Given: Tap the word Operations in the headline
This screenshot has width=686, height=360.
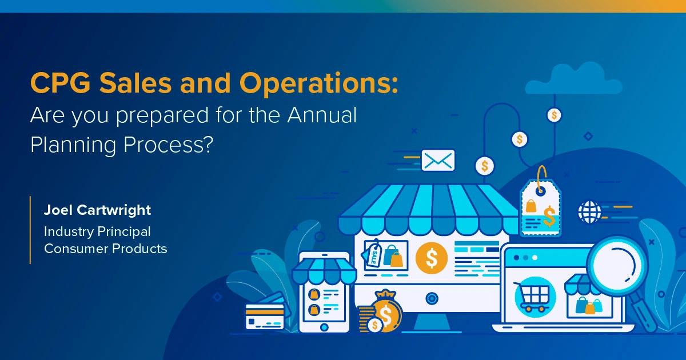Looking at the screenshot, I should tap(317, 85).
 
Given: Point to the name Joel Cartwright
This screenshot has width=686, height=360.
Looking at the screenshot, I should tap(98, 210).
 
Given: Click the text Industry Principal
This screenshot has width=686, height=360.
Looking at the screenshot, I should tap(98, 231).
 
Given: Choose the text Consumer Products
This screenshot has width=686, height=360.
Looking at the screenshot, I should tap(106, 249).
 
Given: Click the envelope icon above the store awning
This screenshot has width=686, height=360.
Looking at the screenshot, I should tap(438, 161).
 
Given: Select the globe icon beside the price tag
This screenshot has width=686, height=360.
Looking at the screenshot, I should tap(589, 211).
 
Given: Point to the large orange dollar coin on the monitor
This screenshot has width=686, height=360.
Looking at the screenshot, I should tap(432, 258).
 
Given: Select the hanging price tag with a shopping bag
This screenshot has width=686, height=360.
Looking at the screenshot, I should tap(540, 206).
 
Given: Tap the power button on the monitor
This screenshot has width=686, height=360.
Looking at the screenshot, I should tap(432, 297).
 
